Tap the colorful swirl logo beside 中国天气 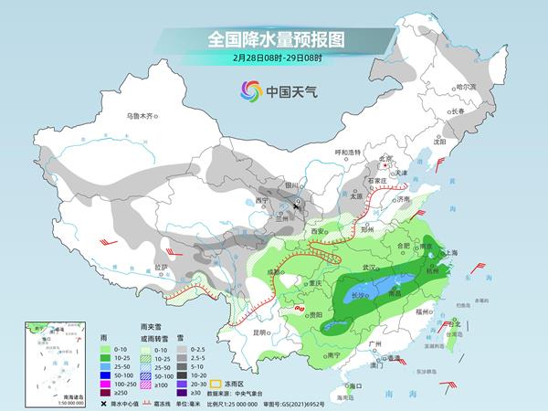point(249,91)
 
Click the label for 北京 point(390,158)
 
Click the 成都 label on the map point(275,272)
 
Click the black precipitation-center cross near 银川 point(298,208)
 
